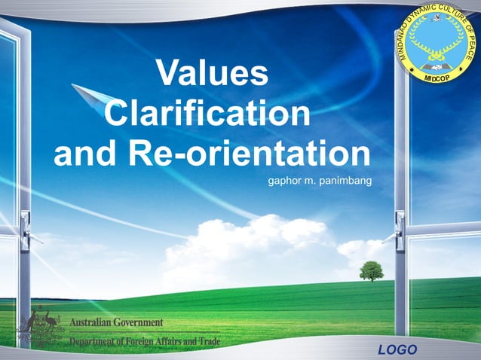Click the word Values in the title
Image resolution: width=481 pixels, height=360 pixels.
212,74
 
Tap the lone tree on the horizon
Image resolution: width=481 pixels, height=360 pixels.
371,270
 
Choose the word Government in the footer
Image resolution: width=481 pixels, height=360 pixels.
139,322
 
